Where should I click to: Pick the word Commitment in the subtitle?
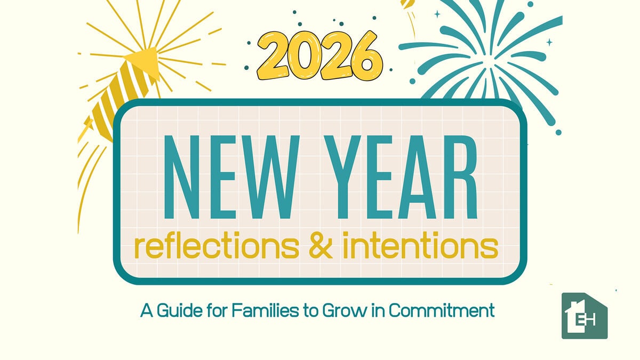click(441, 310)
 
